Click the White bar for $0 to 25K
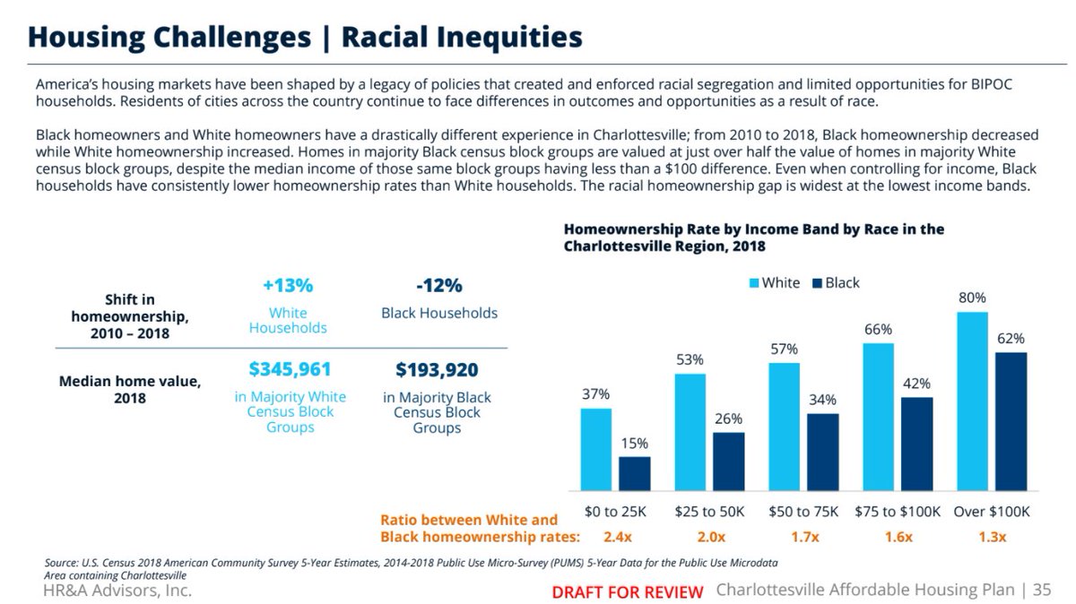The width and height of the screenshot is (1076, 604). [x=596, y=450]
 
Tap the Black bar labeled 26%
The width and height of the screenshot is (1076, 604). [x=729, y=462]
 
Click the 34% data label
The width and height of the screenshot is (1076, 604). [x=822, y=400]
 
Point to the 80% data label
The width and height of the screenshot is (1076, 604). [x=972, y=298]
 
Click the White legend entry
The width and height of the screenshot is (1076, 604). [x=775, y=282]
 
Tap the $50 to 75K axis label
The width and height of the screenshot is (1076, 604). [x=803, y=512]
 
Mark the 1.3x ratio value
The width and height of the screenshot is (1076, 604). [x=992, y=537]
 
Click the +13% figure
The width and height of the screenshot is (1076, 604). [x=288, y=286]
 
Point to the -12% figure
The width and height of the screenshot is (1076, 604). [x=438, y=286]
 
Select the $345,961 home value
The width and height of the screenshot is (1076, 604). [x=290, y=369]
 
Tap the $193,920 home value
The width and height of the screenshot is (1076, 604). [x=437, y=369]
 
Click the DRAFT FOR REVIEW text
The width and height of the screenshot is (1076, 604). [x=627, y=592]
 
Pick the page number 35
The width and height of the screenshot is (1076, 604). [x=1042, y=590]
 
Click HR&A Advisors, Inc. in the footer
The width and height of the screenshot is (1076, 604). [x=117, y=591]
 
